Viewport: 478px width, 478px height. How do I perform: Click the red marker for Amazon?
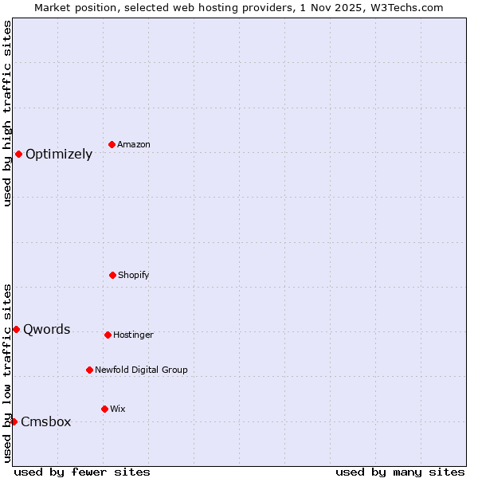tap(112, 144)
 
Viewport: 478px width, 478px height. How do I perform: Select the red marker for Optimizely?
tap(18, 154)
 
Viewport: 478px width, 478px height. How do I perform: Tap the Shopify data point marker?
tap(112, 275)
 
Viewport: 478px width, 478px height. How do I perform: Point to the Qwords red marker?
tap(16, 329)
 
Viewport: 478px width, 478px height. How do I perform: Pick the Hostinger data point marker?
tap(108, 335)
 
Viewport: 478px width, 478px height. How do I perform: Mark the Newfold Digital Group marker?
tap(89, 370)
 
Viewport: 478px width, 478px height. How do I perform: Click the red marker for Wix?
tap(104, 409)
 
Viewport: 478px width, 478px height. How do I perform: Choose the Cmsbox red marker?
tap(14, 421)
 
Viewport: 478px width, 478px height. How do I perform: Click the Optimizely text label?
tap(59, 155)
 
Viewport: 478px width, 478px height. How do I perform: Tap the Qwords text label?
tap(47, 330)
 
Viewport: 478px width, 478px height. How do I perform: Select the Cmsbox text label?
tap(46, 422)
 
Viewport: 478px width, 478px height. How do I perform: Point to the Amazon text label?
tap(134, 145)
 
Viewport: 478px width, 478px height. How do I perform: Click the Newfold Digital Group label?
tap(142, 370)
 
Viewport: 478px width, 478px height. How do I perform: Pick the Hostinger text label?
tap(133, 335)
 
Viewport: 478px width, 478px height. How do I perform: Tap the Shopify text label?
tap(134, 276)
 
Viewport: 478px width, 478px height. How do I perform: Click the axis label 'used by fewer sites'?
tap(82, 472)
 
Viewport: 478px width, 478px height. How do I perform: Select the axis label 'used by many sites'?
tap(400, 472)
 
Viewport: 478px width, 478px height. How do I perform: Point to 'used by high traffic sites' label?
tap(7, 113)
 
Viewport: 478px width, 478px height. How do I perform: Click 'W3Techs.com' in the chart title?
tap(406, 7)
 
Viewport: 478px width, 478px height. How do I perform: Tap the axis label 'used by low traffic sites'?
tap(7, 373)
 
